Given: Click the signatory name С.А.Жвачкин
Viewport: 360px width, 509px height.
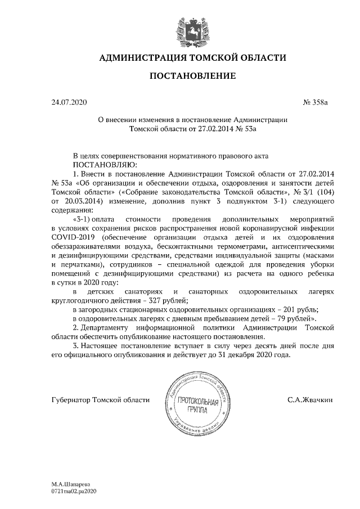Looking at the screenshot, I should (310, 399).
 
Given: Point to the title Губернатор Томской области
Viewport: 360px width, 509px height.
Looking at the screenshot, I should (100, 399).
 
